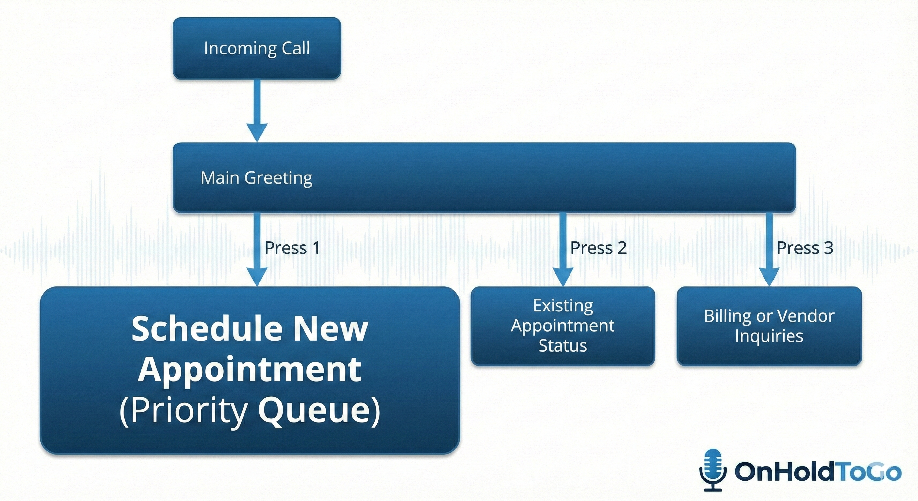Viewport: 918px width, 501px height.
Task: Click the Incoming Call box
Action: click(257, 48)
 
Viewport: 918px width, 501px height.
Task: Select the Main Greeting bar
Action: click(484, 177)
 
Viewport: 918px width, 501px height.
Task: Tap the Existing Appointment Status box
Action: click(563, 326)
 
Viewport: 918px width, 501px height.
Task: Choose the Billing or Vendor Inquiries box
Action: click(769, 326)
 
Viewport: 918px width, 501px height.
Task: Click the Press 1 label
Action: click(292, 248)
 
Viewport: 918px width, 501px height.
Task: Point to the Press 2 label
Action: click(598, 248)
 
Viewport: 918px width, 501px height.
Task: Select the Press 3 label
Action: click(805, 248)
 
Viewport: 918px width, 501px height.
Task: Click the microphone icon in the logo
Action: click(713, 470)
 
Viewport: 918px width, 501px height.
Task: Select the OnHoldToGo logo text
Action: click(818, 471)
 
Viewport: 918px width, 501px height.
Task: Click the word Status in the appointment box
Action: click(563, 345)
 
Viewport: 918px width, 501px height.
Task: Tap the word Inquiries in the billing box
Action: click(769, 336)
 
